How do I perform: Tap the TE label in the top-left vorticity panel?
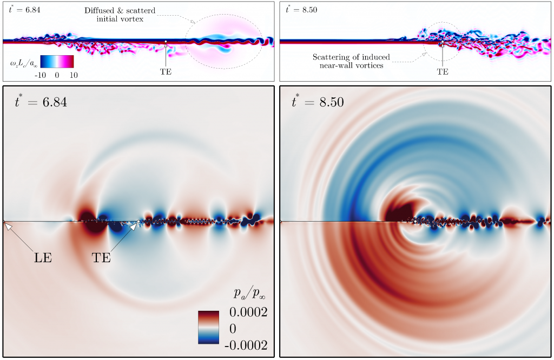click(166, 71)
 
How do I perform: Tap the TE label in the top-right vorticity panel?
click(443, 71)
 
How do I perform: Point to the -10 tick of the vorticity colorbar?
click(40, 75)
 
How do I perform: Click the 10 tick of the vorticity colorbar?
click(74, 75)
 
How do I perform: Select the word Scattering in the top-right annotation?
click(330, 57)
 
